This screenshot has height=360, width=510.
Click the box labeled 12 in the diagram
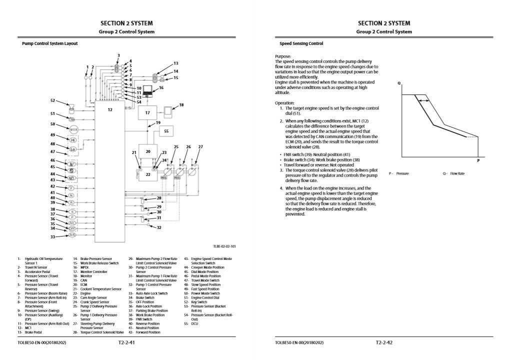[x=109, y=150]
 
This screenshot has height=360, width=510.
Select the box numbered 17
[x=147, y=113]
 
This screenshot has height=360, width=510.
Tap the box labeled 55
[x=166, y=131]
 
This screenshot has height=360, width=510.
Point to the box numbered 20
[x=147, y=151]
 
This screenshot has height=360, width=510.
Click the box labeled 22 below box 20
[x=147, y=174]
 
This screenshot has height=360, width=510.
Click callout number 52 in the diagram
[x=52, y=100]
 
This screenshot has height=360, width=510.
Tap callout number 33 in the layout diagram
[x=52, y=236]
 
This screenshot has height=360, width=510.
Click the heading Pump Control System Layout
[x=49, y=43]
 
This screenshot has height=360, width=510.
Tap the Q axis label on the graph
[x=399, y=84]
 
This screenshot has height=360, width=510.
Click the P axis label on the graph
[x=478, y=160]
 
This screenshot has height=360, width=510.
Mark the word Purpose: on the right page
[x=282, y=56]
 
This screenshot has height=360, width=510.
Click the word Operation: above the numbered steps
[x=285, y=103]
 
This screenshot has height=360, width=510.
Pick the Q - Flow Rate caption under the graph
[x=453, y=173]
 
